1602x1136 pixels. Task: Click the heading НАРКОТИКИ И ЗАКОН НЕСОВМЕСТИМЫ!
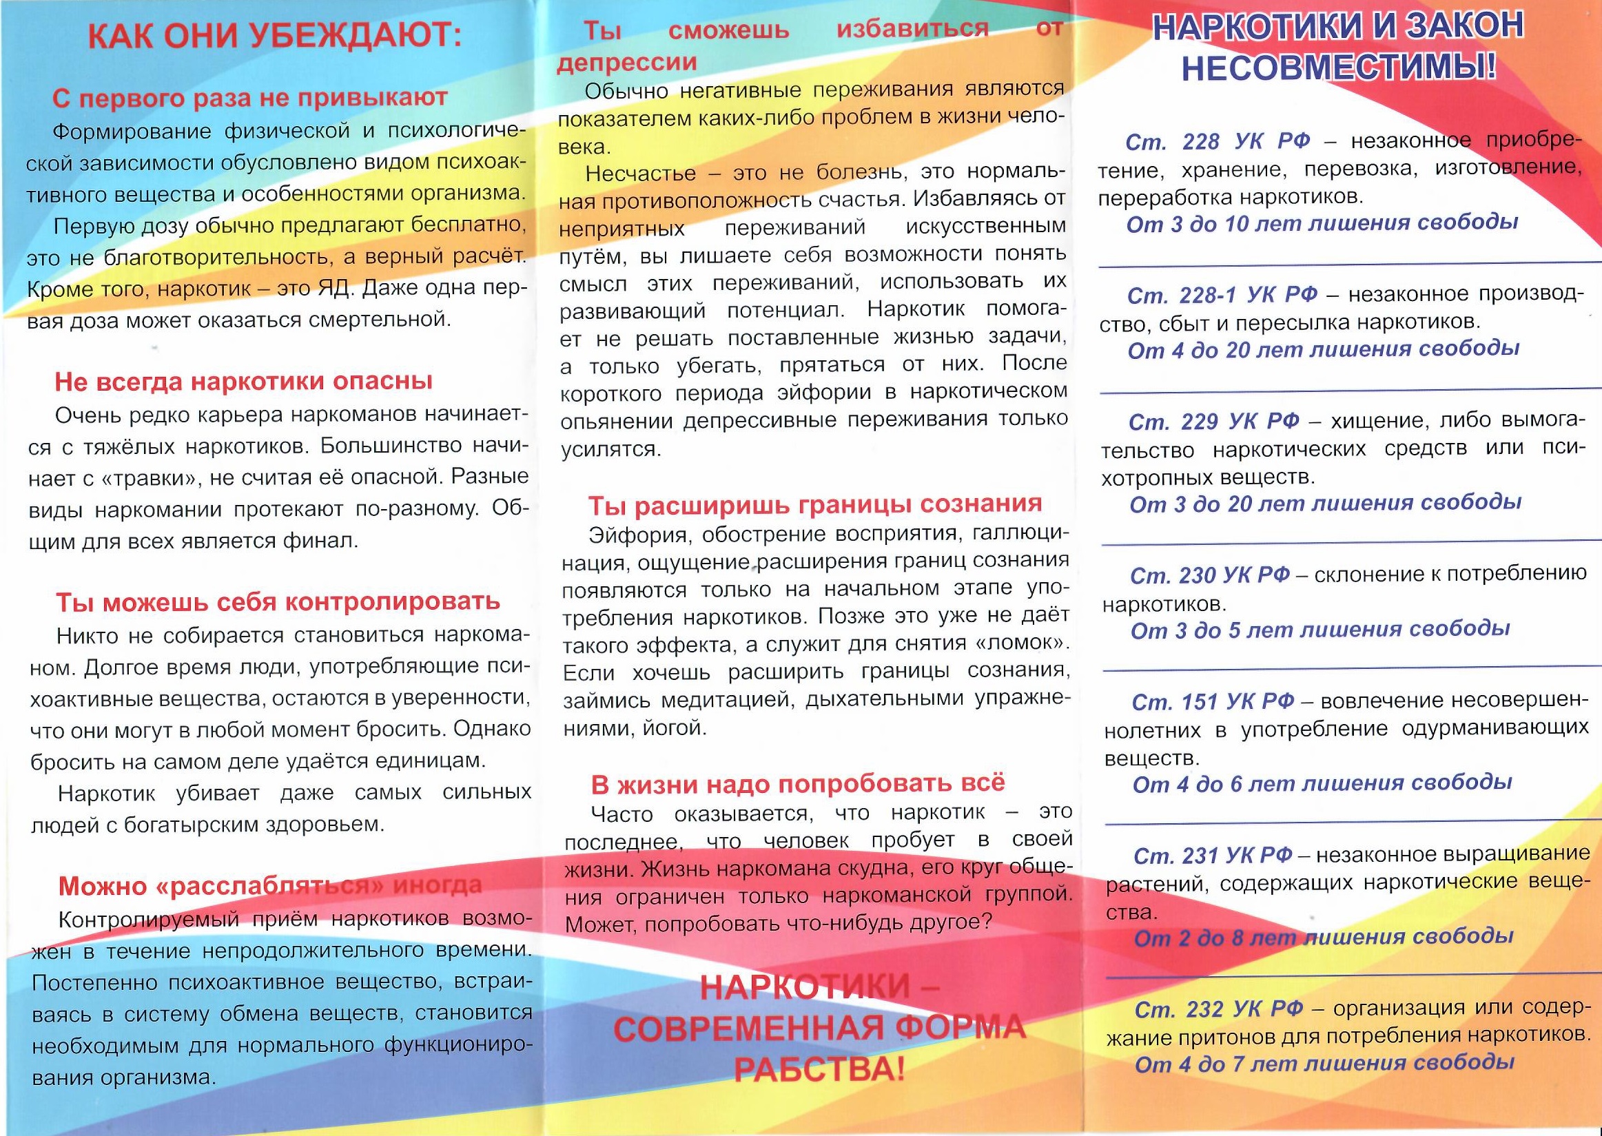1337,47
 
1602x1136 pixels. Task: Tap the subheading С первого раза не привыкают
249,98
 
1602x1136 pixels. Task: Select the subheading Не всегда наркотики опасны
243,382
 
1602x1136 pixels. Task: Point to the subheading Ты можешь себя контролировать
278,602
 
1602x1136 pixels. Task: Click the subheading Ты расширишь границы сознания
814,504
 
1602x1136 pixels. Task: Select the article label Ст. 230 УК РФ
1209,576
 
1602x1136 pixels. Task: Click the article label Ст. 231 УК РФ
1213,856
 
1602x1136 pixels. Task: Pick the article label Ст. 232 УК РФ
1219,1009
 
